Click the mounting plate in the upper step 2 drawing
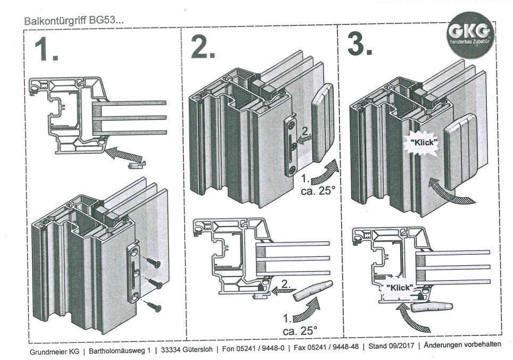(291, 146)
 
